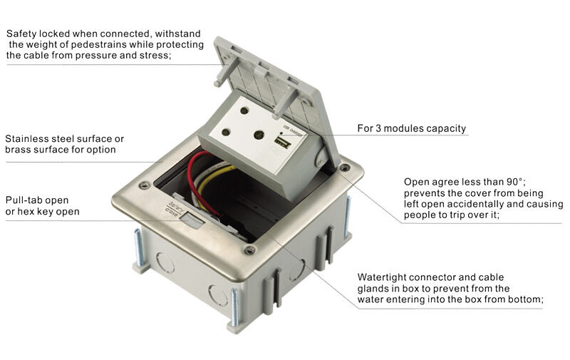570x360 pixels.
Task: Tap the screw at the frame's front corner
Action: (x=249, y=250)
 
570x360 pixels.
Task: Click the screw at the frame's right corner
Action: (x=345, y=168)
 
